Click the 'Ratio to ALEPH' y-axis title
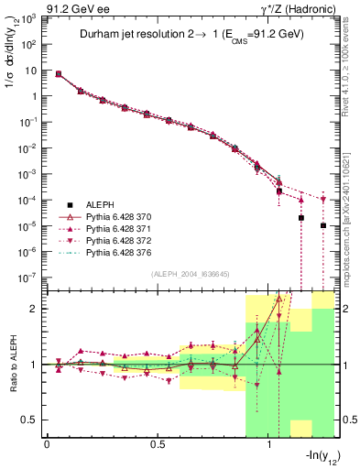point(11,365)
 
